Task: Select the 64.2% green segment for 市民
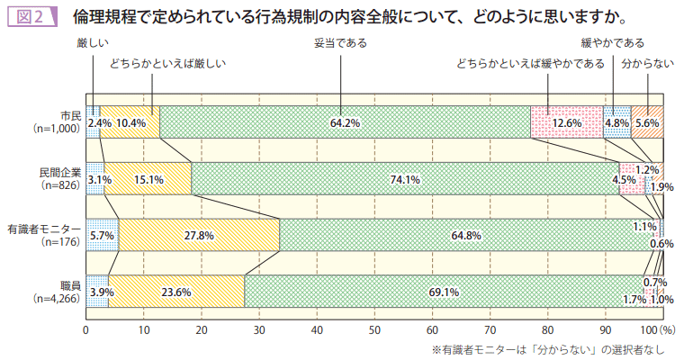tap(345, 122)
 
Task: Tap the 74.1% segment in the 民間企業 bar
tap(406, 178)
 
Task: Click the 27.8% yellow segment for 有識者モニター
tap(199, 235)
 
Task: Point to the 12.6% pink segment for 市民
tap(566, 122)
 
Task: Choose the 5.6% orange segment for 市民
tap(647, 122)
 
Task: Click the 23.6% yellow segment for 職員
tap(175, 292)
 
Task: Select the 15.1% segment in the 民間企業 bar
tap(148, 178)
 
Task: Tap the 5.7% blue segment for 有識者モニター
tap(102, 235)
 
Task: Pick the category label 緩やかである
tap(613, 42)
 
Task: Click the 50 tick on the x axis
tap(374, 329)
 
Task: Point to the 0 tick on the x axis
tap(85, 329)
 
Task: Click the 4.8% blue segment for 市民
tap(616, 122)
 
